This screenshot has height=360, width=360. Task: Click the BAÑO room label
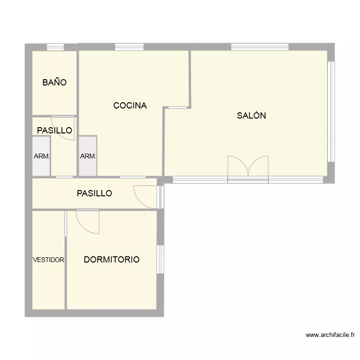(54, 83)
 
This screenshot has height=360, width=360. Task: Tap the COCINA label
(130, 106)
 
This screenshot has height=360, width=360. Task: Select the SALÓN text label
(251, 116)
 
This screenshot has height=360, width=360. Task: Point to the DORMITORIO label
(111, 260)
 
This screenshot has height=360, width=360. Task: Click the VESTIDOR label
(48, 260)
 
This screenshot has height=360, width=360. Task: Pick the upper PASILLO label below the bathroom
(54, 130)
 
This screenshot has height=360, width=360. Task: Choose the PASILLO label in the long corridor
(94, 193)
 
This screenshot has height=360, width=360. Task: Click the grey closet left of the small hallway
(41, 156)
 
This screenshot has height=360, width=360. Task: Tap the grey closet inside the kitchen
(88, 156)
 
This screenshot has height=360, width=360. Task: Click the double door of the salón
(248, 168)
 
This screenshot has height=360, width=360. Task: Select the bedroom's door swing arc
(87, 222)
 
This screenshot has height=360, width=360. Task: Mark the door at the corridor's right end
(146, 197)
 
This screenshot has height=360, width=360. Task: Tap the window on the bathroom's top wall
(55, 47)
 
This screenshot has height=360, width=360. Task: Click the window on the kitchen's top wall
(129, 47)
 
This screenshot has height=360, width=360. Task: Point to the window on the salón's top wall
(260, 47)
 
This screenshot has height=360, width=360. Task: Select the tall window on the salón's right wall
(331, 111)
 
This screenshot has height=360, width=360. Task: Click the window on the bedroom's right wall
(161, 259)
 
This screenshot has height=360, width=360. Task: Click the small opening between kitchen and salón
(178, 108)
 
